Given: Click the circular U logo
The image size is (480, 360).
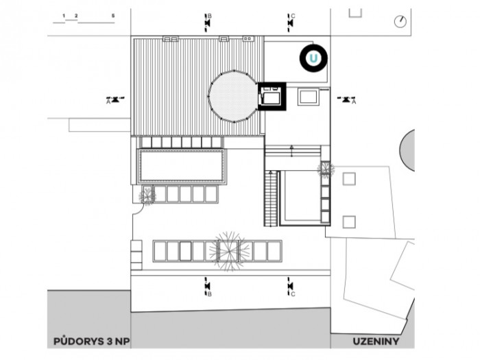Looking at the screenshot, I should click(313, 58).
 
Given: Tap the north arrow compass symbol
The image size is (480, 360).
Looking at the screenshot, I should click(400, 21).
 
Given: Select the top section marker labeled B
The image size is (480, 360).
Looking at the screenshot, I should click(208, 22).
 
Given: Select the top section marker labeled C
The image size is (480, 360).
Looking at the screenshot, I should click(291, 22).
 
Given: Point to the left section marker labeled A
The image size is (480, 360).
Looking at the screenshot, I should click(115, 99).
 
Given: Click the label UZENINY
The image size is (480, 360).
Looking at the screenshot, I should click(374, 340).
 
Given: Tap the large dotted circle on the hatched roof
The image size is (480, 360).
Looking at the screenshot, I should click(233, 96).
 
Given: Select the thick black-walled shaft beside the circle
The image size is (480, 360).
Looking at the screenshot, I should click(272, 97).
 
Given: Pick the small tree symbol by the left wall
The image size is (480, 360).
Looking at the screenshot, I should click(146, 196).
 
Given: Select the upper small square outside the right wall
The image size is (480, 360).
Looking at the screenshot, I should click(349, 179).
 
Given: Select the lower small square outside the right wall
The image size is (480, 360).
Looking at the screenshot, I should click(349, 221).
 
